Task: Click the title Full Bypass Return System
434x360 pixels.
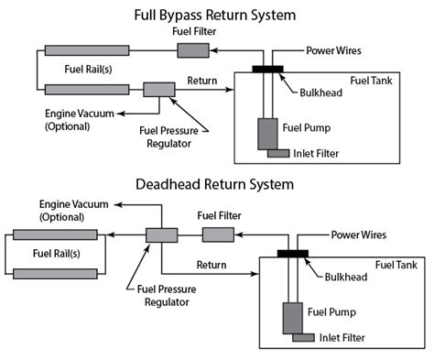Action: tap(218, 15)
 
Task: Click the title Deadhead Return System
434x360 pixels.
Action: tap(218, 184)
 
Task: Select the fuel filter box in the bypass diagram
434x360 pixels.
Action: tap(192, 49)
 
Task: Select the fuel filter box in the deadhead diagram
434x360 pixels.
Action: tap(217, 235)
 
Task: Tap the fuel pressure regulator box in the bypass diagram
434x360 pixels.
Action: tap(159, 89)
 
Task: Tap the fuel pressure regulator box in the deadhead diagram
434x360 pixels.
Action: tap(161, 235)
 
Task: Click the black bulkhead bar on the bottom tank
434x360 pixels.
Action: tap(292, 253)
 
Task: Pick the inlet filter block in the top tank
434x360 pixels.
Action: tap(279, 153)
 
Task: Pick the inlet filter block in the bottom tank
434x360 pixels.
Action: tap(303, 339)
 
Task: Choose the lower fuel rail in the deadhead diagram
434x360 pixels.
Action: tap(56, 273)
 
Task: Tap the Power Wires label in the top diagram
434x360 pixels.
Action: tap(334, 49)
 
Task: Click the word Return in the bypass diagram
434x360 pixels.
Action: tap(201, 81)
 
